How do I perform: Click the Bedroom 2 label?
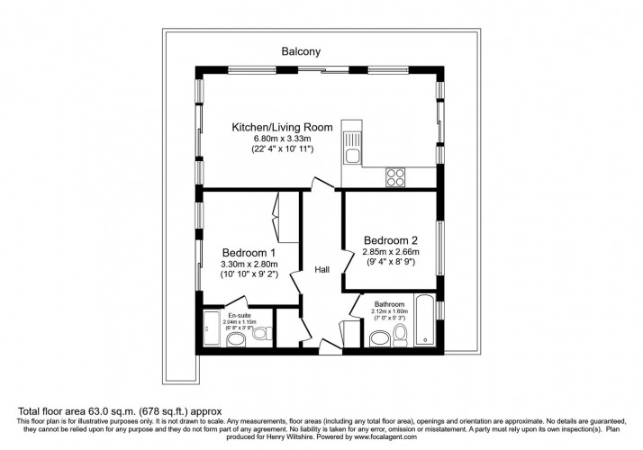(x=391, y=239)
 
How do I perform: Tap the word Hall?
(x=321, y=269)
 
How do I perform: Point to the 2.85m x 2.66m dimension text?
(x=391, y=252)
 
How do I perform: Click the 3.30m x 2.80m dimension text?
(x=249, y=265)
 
